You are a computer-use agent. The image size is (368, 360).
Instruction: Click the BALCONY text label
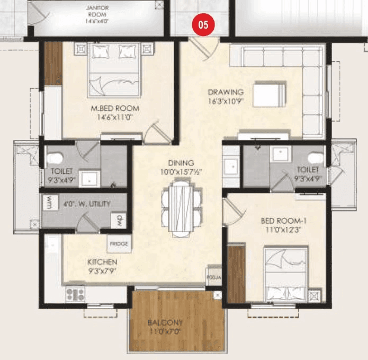[x=165, y=322]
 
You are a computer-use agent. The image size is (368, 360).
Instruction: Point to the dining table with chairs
[x=181, y=205]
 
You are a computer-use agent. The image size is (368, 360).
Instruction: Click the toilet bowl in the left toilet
[x=55, y=157]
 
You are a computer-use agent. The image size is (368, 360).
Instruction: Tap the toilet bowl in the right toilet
[x=316, y=157]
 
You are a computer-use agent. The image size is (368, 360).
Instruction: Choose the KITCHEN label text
[x=102, y=262]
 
